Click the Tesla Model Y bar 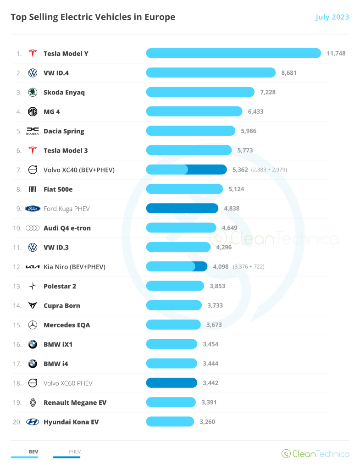tap(233, 53)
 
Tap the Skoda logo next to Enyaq tap(33, 92)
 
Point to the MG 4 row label tap(52, 111)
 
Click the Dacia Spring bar tap(190, 131)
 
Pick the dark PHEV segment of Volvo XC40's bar tap(207, 170)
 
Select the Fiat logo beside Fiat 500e tap(33, 189)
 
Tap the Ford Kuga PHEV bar tap(182, 209)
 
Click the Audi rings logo tap(33, 228)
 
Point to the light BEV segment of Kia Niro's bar tap(170, 266)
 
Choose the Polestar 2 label tap(60, 286)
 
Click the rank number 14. tap(17, 305)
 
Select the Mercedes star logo tap(33, 325)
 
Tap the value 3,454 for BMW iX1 tap(210, 344)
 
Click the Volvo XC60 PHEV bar tap(172, 383)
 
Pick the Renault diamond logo tap(33, 403)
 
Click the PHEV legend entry tap(74, 452)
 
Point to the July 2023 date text tap(332, 17)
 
